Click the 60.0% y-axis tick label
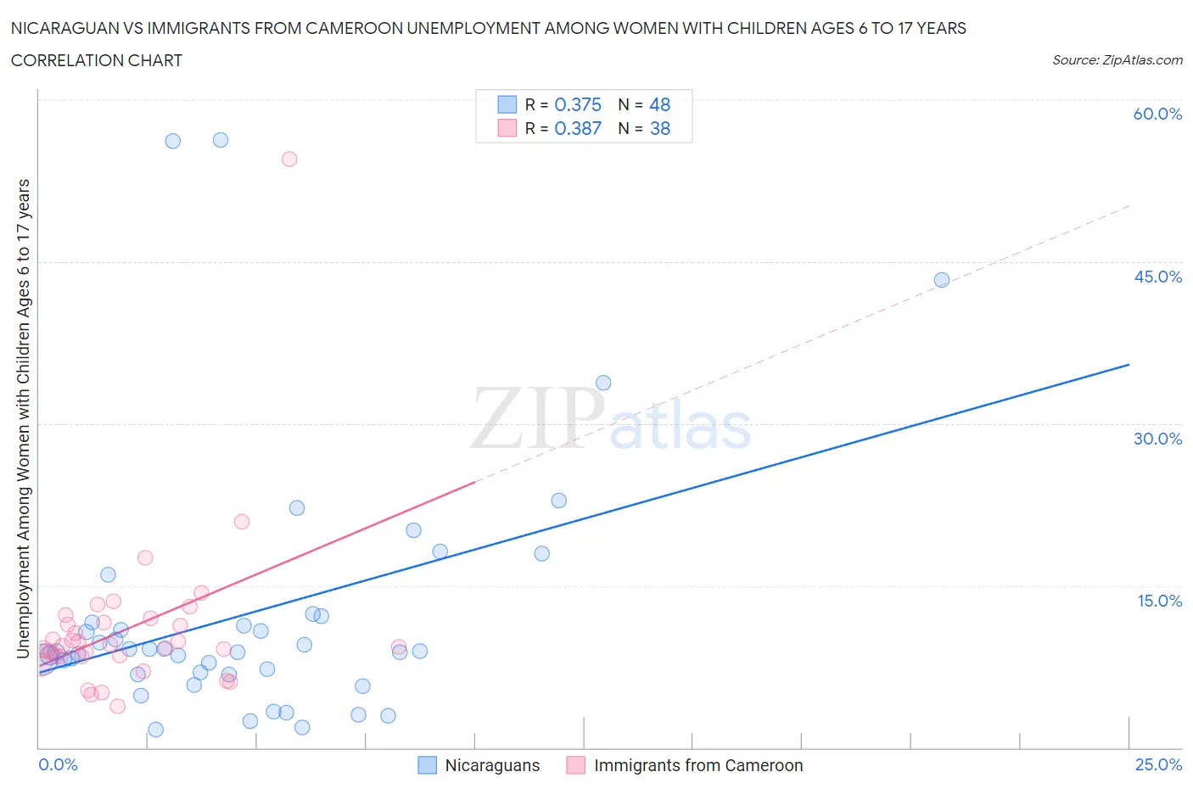point(1157,114)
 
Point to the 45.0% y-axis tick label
point(1157,277)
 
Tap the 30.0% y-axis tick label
point(1157,439)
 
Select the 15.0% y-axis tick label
point(1159,601)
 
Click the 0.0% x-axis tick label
point(58,764)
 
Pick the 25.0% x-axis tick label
point(1158,764)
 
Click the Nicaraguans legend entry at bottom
point(479,765)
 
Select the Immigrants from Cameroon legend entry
point(685,765)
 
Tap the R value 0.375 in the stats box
point(578,104)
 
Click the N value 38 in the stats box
point(659,128)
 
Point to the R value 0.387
point(578,128)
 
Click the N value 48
point(659,104)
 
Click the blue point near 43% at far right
point(941,280)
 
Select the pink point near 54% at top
point(289,159)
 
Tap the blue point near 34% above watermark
point(603,383)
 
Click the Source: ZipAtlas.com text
point(1117,59)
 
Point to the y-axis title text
point(23,418)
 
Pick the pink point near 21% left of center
point(242,522)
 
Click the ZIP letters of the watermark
point(536,417)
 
